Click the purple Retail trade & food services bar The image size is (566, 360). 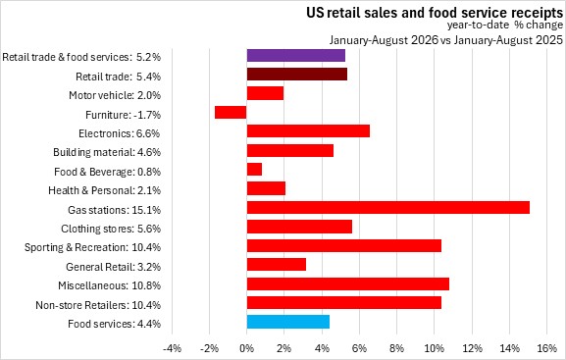point(296,56)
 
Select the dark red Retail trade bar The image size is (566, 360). point(297,75)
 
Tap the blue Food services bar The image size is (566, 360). point(288,322)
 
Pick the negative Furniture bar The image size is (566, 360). point(231,112)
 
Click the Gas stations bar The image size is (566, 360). point(388,208)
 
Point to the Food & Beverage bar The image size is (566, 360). point(254,170)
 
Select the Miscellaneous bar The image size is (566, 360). point(348,283)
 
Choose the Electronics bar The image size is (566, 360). point(308,131)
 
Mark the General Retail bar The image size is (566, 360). point(277,264)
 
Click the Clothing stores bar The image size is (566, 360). point(299,227)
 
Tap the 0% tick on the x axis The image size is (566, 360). point(246,348)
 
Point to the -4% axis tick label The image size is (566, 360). point(172,348)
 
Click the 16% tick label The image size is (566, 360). point(547,348)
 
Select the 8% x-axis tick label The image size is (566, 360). point(396,348)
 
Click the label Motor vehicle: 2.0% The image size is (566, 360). point(115,95)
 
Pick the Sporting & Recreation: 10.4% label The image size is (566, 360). point(93,248)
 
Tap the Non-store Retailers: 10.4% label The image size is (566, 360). point(98,305)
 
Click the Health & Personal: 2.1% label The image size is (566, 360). point(105,190)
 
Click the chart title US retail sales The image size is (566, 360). point(435,13)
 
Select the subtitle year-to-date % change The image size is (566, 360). point(505,25)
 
